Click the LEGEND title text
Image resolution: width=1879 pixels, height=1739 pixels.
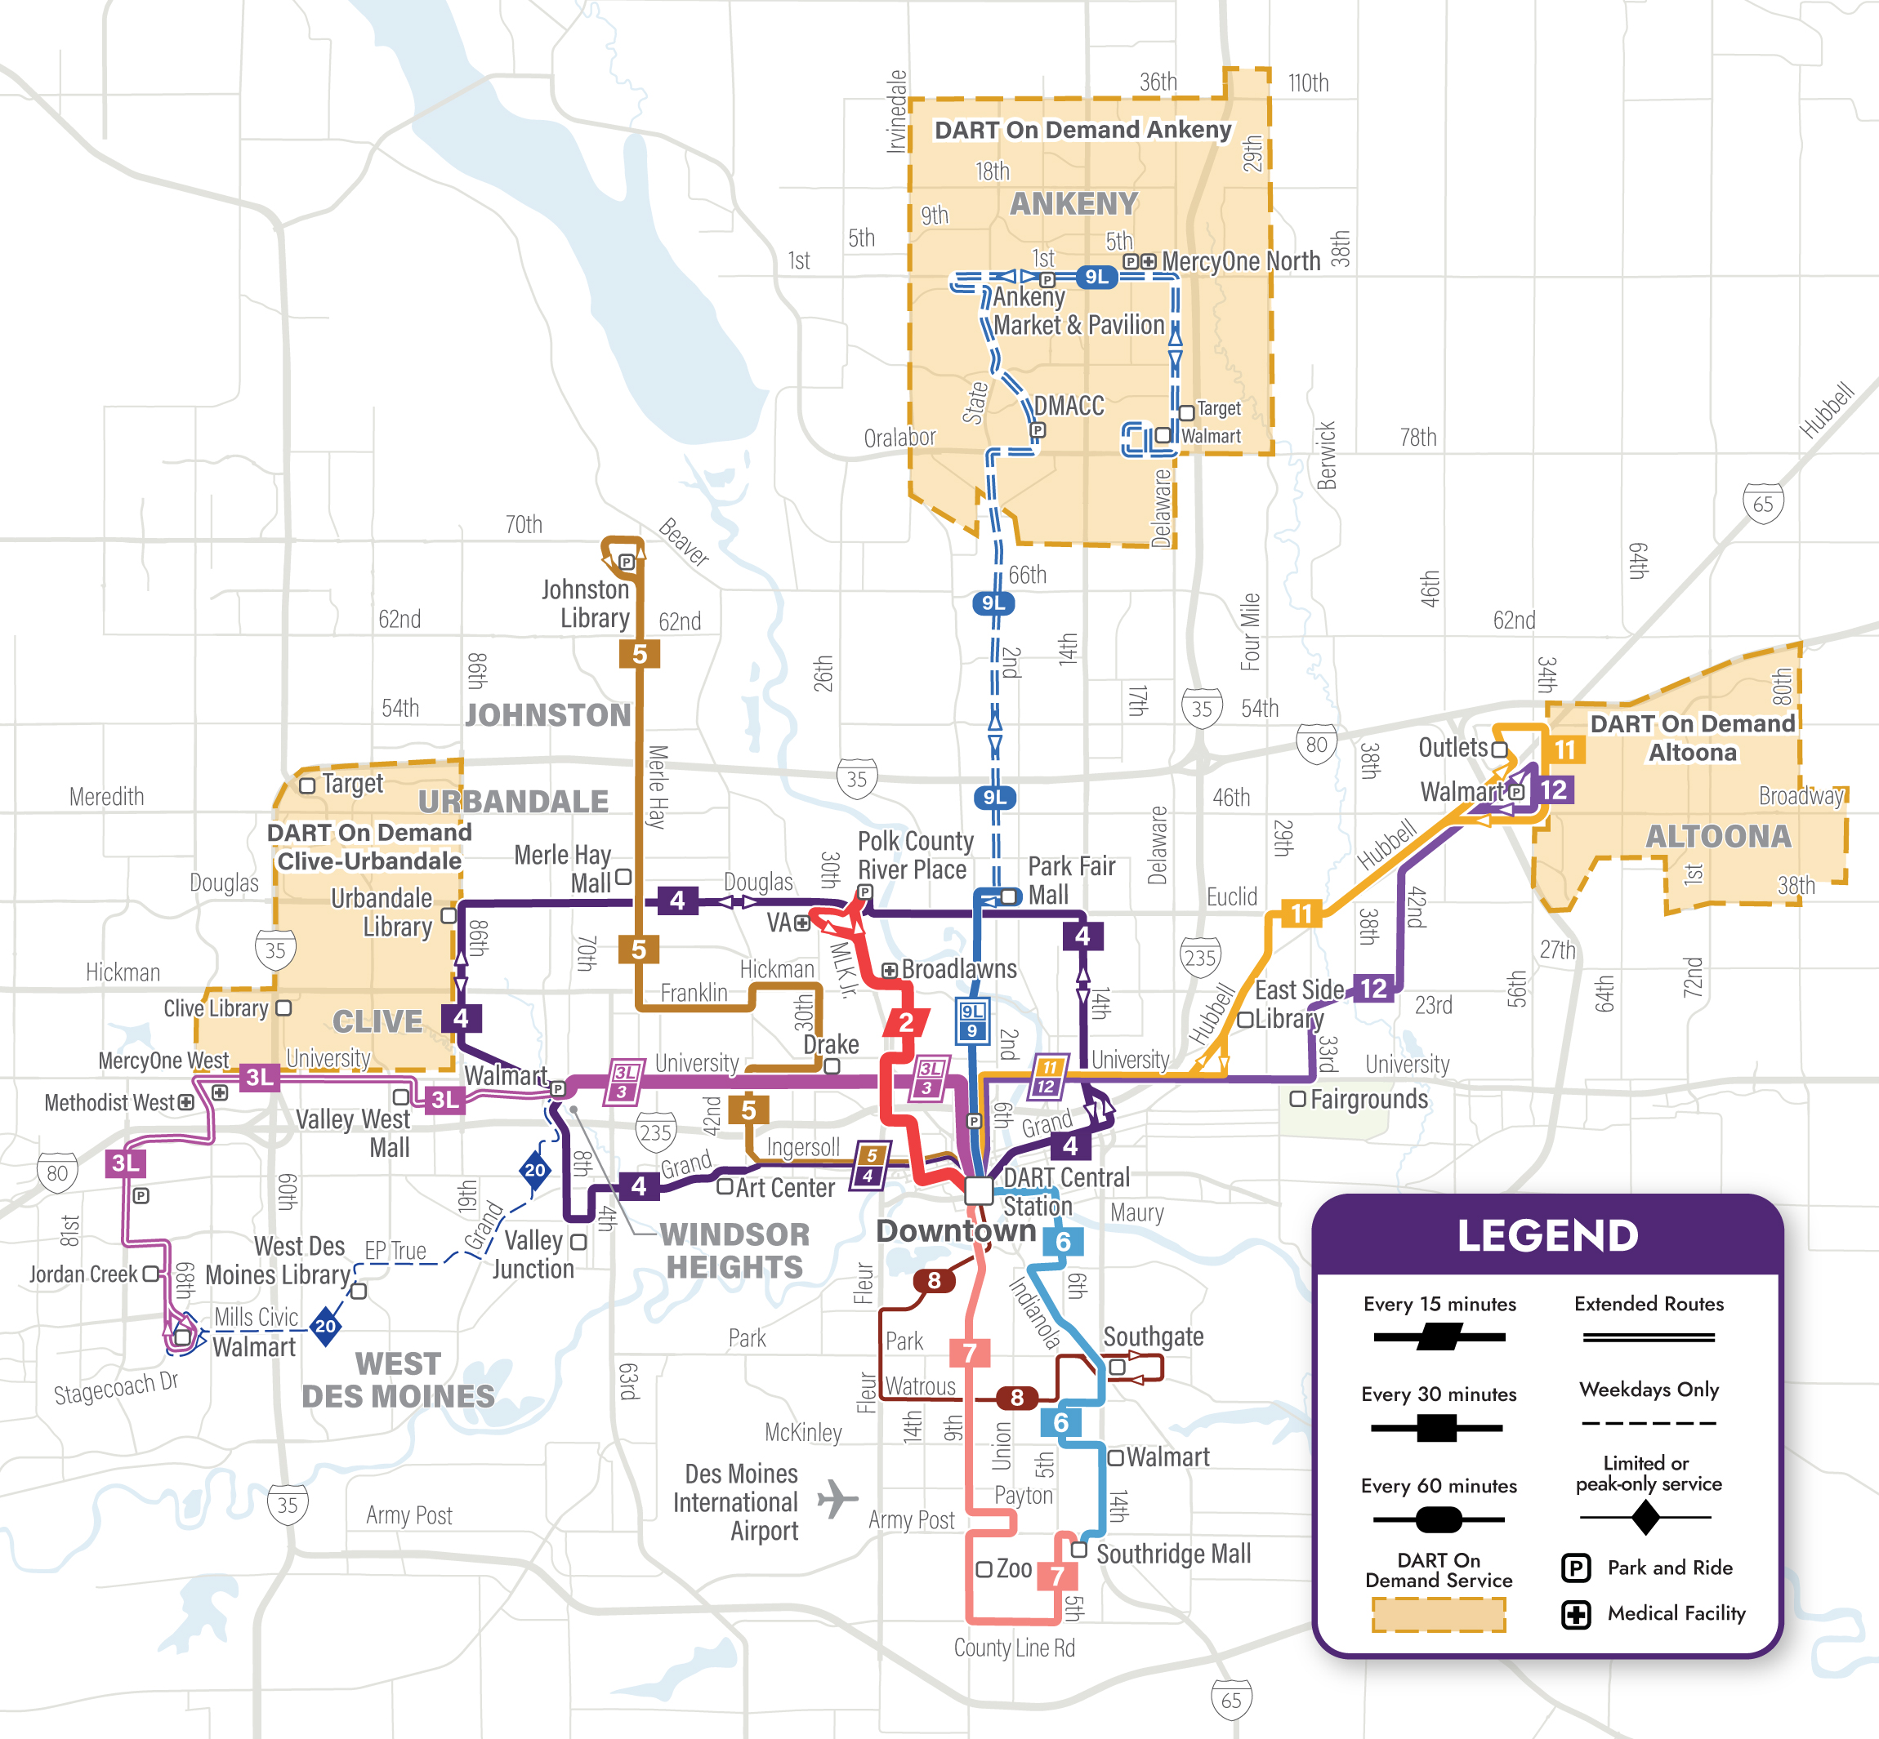[1547, 1235]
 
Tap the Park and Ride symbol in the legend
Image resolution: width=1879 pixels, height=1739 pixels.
[1576, 1568]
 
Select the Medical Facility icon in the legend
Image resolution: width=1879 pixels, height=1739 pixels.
[1576, 1615]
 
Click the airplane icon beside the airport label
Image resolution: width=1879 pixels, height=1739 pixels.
[837, 1498]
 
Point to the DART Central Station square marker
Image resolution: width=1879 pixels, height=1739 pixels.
[979, 1190]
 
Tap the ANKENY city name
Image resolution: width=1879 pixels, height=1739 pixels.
[1074, 203]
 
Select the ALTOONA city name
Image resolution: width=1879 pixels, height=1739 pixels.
[1718, 836]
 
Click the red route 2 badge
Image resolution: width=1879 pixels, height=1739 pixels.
[906, 1022]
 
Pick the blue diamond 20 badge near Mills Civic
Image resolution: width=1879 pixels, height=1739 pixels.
[326, 1326]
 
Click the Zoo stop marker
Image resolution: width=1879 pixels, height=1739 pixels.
[984, 1568]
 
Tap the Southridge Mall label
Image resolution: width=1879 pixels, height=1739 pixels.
[1173, 1554]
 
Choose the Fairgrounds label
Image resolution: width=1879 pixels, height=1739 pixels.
[1368, 1099]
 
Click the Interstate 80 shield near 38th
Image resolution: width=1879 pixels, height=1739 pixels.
[1316, 745]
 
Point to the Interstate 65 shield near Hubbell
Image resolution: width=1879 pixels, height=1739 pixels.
[1762, 504]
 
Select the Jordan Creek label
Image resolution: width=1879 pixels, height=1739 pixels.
[84, 1274]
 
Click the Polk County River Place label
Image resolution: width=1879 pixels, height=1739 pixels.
[914, 855]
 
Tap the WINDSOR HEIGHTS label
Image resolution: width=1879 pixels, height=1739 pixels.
[734, 1250]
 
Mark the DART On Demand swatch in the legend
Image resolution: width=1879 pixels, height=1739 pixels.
[1439, 1615]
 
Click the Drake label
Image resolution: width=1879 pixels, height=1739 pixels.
[830, 1044]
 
